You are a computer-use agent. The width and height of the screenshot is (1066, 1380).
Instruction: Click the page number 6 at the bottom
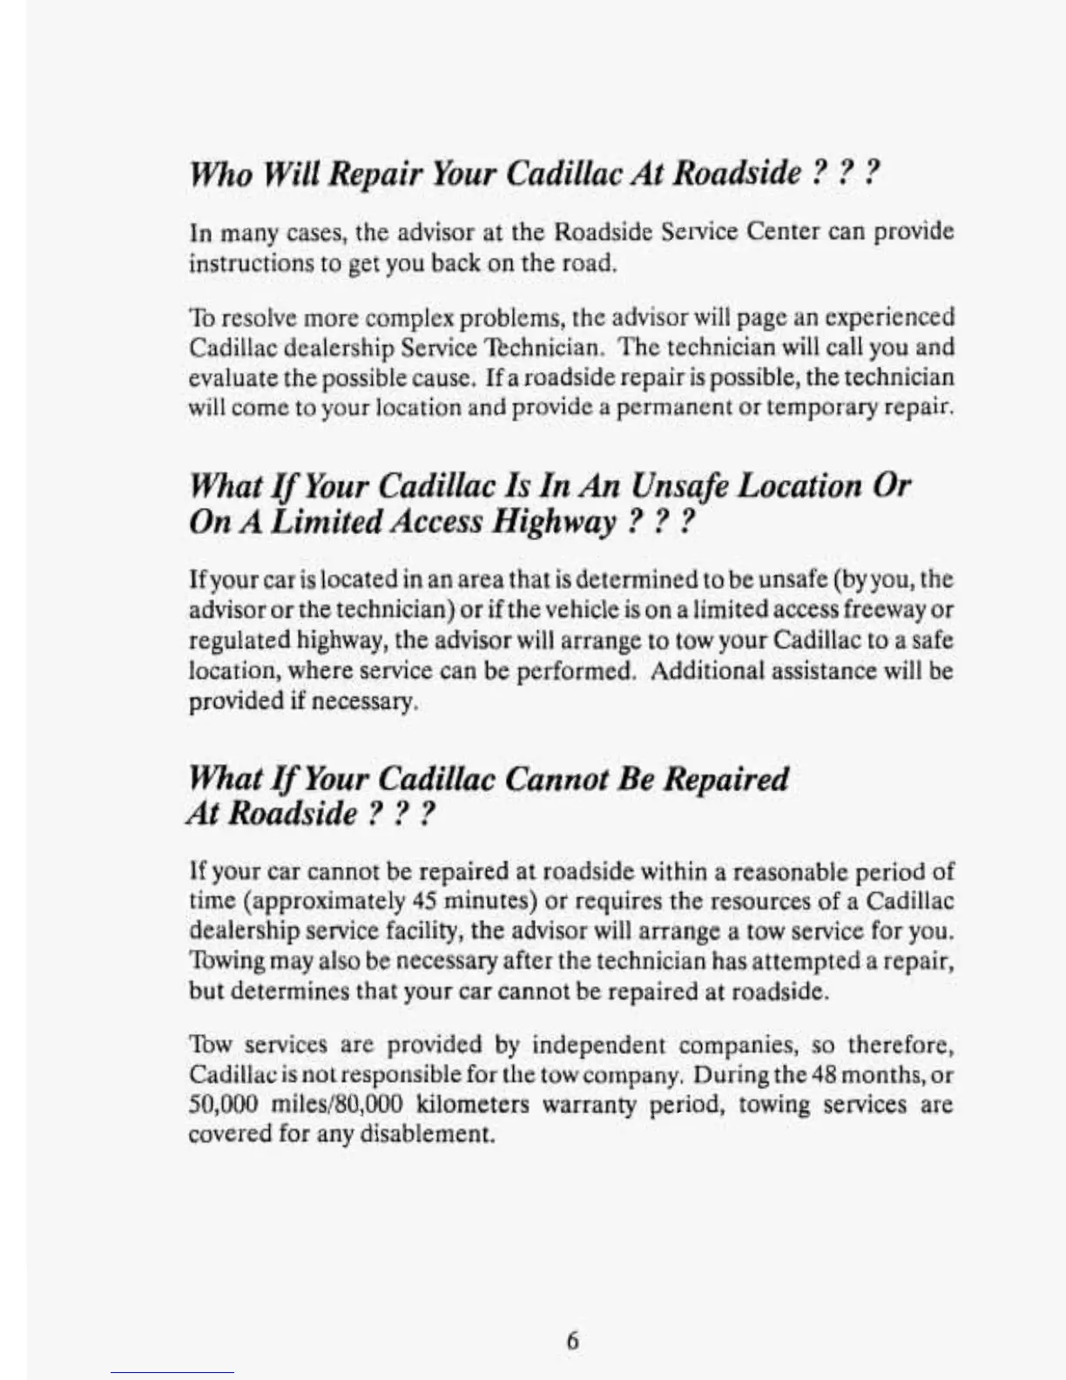tap(572, 1340)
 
